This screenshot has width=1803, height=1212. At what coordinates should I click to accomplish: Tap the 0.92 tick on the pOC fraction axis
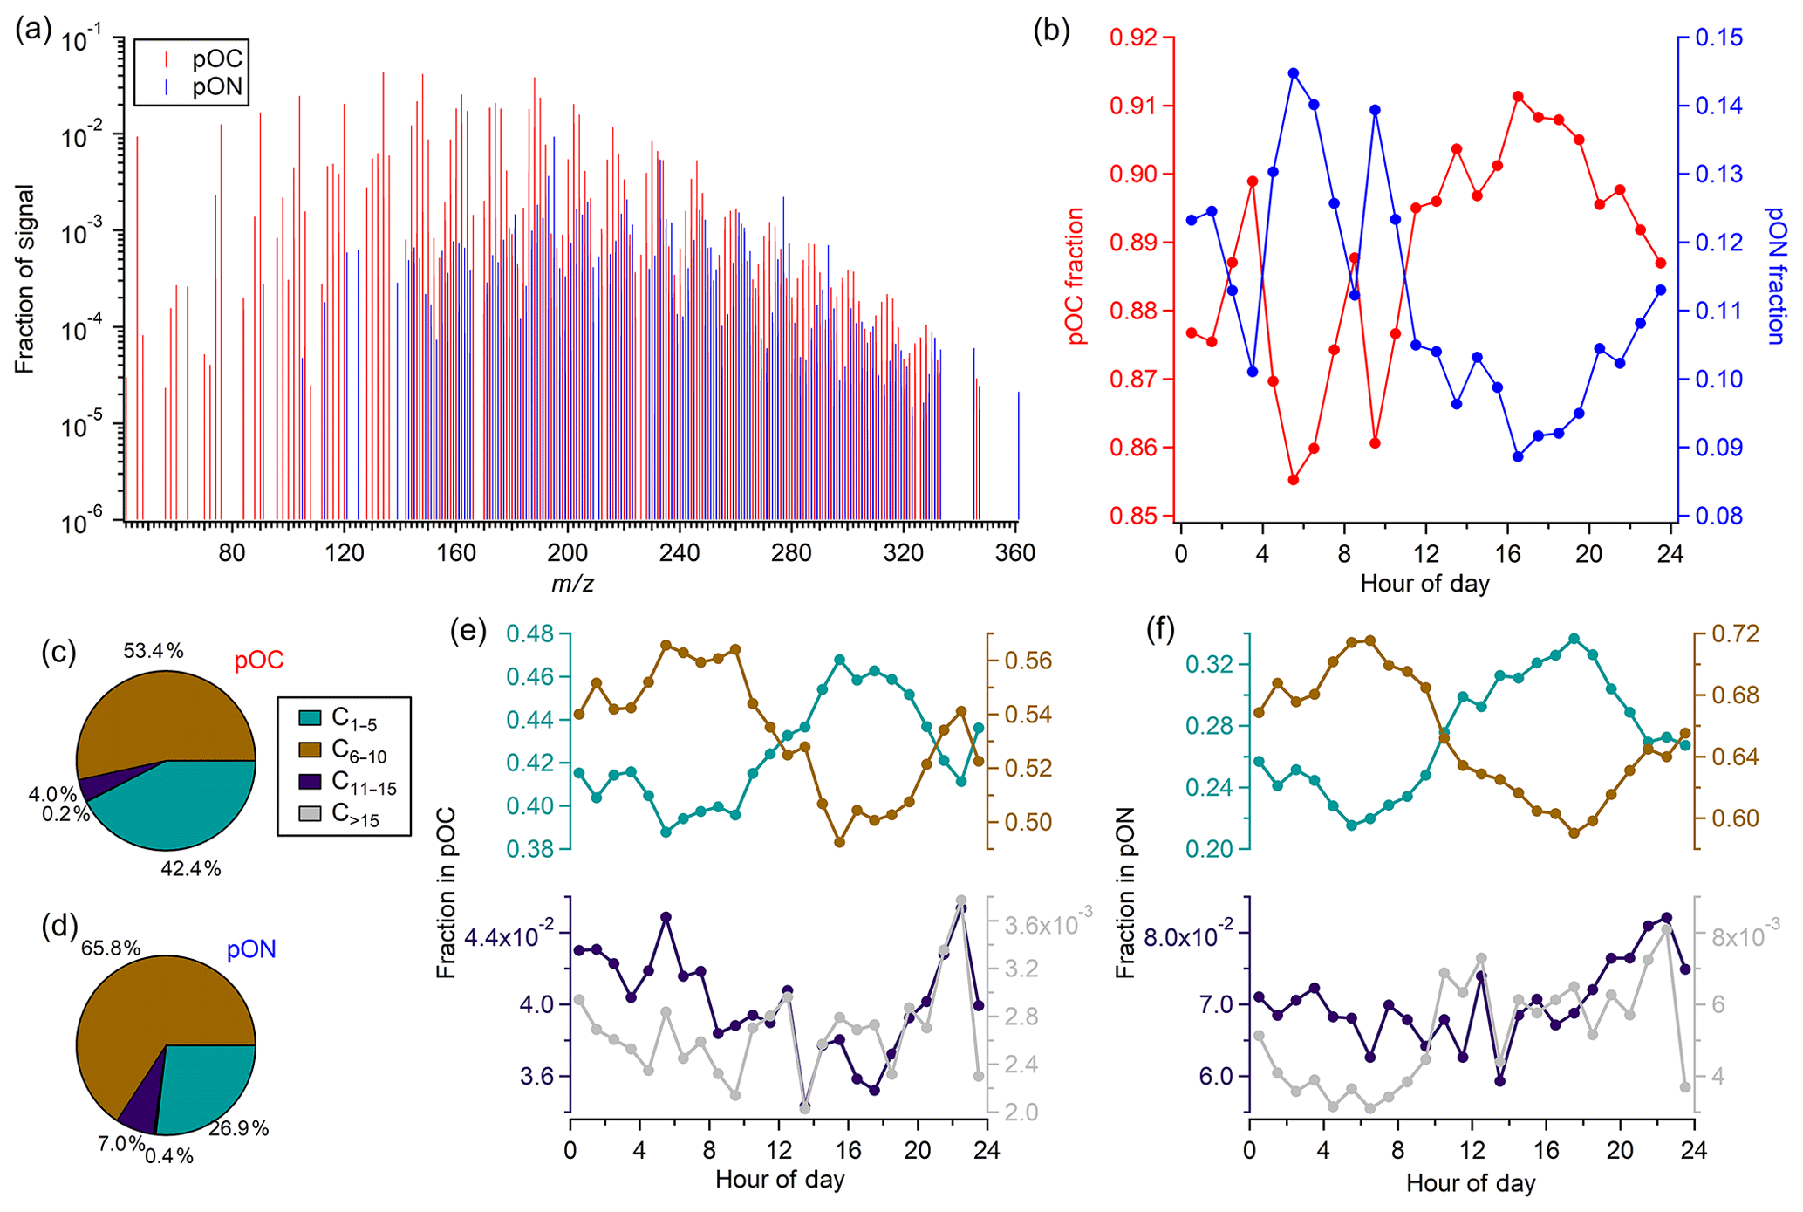[1137, 38]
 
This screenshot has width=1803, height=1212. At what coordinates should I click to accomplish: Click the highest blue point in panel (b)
[1294, 73]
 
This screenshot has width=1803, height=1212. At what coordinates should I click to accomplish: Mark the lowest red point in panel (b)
[1294, 480]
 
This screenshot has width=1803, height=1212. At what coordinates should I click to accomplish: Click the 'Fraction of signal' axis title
[24, 279]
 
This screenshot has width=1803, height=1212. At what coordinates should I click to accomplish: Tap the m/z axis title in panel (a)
[572, 583]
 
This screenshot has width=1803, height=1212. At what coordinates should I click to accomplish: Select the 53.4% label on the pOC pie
[154, 650]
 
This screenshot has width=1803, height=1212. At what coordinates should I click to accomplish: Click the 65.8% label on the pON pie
[111, 948]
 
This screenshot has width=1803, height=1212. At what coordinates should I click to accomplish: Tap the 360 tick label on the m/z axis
[1016, 553]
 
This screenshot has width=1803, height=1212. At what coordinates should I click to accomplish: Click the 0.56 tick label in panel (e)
[1028, 661]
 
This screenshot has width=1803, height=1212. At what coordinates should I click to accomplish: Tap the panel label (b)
[1051, 31]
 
